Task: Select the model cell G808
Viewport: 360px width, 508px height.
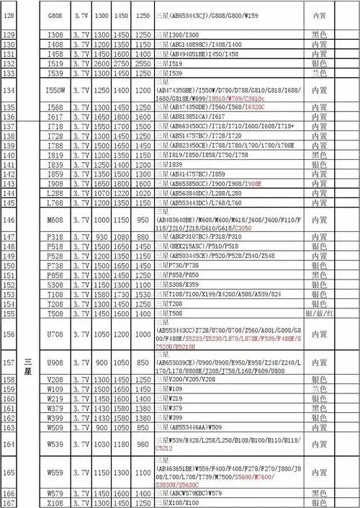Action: point(54,15)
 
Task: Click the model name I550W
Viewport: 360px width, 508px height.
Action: point(54,91)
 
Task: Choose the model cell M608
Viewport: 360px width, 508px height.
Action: point(54,220)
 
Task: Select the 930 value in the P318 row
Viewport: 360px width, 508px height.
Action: point(102,238)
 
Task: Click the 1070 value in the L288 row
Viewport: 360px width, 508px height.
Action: point(102,194)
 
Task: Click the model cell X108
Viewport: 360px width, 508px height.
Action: point(54,502)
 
